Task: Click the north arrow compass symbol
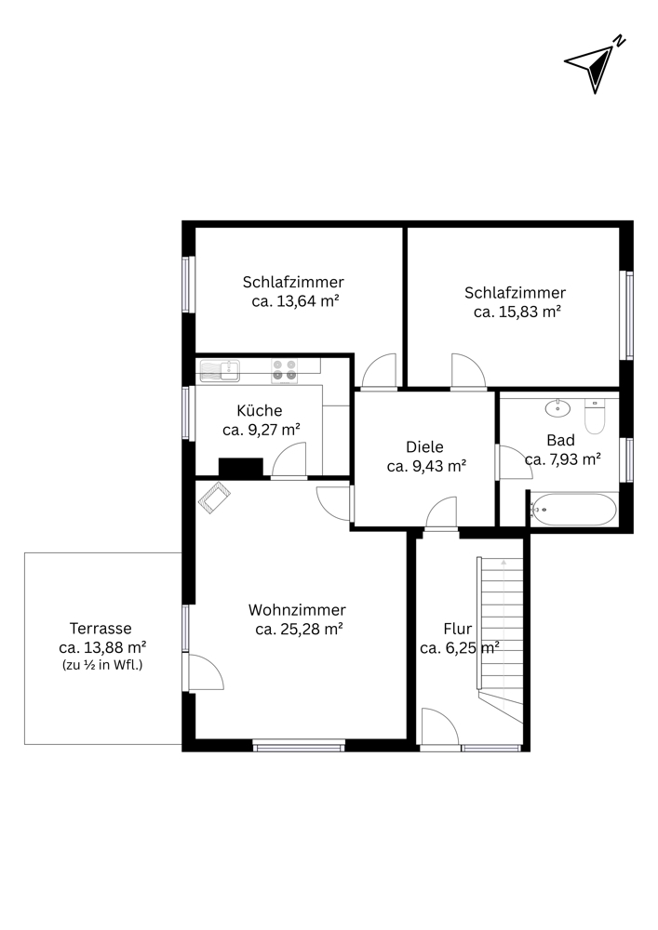(x=594, y=65)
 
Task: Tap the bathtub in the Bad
(x=573, y=509)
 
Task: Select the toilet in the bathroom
(x=595, y=416)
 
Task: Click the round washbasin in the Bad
(x=557, y=408)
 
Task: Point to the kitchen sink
(x=220, y=371)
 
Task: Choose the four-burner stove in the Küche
(x=284, y=371)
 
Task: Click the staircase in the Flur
(x=500, y=640)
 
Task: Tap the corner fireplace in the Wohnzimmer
(x=214, y=498)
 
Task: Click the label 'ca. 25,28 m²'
(x=299, y=629)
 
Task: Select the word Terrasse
(x=101, y=628)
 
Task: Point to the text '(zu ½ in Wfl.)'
(x=102, y=665)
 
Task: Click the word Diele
(x=424, y=446)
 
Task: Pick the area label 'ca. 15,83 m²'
(x=517, y=312)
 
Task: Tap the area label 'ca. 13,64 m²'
(x=295, y=300)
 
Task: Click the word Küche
(x=260, y=410)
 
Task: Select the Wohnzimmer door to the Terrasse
(x=206, y=671)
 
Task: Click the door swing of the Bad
(x=515, y=462)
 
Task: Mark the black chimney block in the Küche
(x=241, y=467)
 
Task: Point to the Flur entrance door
(x=439, y=726)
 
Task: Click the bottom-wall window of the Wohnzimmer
(x=299, y=746)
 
